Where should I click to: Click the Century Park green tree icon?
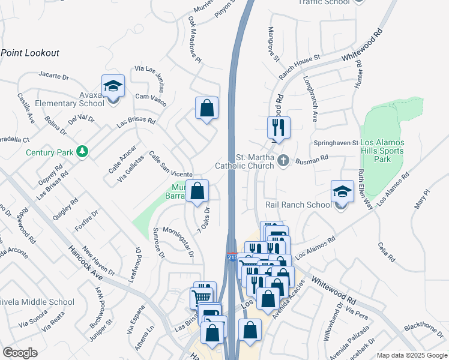[x=82, y=152]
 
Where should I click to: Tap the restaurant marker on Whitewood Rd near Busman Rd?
[x=279, y=127]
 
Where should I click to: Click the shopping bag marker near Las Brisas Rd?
[x=206, y=109]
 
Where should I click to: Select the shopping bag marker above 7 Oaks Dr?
[x=197, y=191]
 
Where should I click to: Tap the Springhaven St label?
[x=336, y=143]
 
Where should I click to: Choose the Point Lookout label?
[x=30, y=53]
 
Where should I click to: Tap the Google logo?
[x=20, y=353]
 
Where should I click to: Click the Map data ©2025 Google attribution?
[x=412, y=355]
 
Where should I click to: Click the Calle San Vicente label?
[x=170, y=163]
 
